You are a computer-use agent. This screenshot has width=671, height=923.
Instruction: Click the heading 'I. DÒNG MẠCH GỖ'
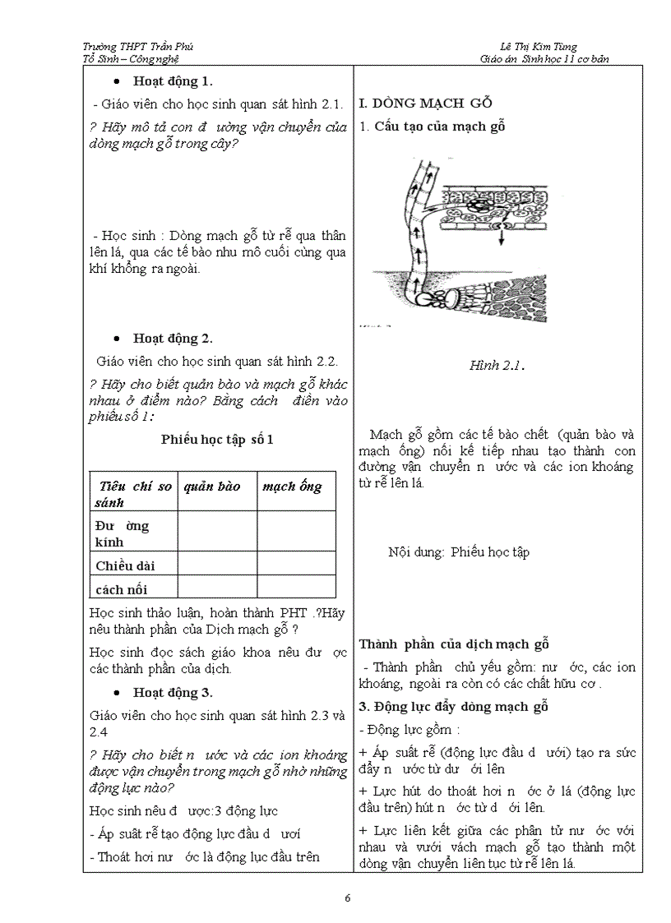(x=425, y=104)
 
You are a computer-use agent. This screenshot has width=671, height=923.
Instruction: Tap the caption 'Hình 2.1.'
(x=497, y=365)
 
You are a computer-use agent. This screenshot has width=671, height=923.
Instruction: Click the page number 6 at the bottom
(x=349, y=898)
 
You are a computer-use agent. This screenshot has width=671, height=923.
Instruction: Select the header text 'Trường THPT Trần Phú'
(x=138, y=47)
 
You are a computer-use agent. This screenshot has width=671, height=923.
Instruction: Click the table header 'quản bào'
(x=212, y=486)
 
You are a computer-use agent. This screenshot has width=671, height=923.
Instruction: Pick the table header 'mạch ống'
(x=292, y=486)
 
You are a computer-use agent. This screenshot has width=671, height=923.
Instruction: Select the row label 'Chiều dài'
(x=125, y=565)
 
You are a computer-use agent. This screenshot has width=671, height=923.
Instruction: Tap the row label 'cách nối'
(x=122, y=588)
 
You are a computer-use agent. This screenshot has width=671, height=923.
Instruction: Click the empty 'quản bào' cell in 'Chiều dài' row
(x=216, y=563)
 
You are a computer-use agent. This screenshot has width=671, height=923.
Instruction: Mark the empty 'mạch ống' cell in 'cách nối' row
(x=296, y=587)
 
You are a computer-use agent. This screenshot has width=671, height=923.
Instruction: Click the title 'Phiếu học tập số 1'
(x=217, y=439)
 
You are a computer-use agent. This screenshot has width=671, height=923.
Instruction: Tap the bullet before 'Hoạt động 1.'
(x=118, y=81)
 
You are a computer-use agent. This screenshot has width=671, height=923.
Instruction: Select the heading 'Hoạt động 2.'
(x=174, y=338)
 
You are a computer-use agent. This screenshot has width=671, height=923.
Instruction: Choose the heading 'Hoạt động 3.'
(x=174, y=691)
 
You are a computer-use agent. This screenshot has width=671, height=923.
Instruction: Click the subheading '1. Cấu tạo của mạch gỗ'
(x=432, y=126)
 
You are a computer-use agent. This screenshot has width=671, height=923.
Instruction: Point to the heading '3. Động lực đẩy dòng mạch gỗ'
(x=453, y=706)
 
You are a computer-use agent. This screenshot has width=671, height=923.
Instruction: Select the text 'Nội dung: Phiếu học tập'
(x=459, y=551)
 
